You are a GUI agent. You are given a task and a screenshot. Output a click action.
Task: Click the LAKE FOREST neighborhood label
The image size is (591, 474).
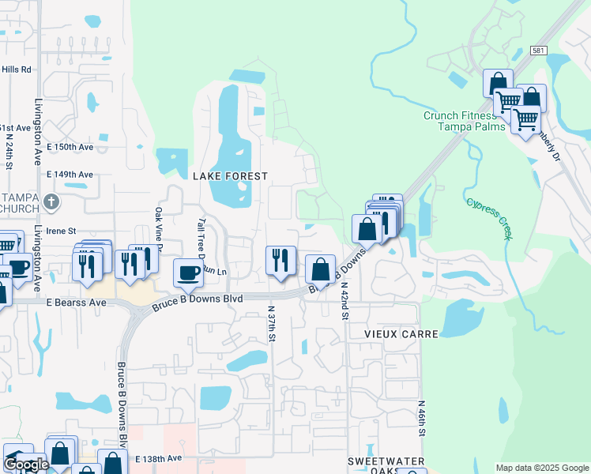(230, 176)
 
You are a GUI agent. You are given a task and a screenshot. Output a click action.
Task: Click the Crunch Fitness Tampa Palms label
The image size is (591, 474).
(458, 121)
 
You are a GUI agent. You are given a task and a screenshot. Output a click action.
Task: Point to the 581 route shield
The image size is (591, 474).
(538, 51)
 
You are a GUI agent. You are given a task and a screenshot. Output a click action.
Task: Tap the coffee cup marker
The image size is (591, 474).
(188, 273)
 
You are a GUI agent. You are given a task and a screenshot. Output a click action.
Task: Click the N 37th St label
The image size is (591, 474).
(271, 324)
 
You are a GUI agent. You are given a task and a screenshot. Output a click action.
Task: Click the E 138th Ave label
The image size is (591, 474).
(158, 458)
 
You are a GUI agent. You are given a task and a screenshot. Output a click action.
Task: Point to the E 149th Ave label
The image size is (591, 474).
(70, 174)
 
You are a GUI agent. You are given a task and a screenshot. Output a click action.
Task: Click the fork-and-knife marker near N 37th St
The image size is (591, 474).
(280, 260)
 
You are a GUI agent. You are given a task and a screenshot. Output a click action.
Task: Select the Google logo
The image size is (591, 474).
(26, 465)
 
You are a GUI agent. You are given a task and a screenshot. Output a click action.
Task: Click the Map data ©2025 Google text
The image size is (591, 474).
(541, 468)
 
